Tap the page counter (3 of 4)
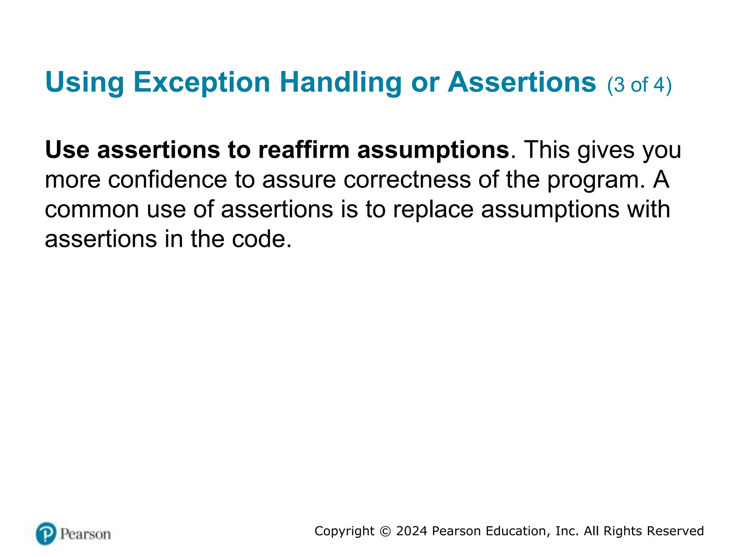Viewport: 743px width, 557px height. (x=639, y=85)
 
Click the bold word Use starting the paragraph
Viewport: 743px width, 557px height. (x=67, y=150)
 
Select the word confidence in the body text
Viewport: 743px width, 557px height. (x=167, y=180)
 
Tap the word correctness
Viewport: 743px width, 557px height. (x=407, y=180)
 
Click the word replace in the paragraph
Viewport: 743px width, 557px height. (x=433, y=210)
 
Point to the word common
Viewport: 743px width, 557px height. (x=92, y=210)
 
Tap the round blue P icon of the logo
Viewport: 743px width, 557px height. (x=46, y=533)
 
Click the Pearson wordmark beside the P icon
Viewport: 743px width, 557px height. (x=85, y=534)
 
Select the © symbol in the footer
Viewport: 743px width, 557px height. (x=385, y=531)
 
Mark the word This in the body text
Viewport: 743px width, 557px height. (x=547, y=150)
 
